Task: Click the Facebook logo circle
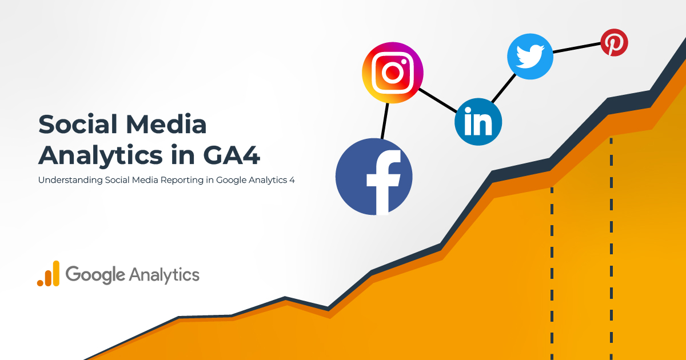pos(374,177)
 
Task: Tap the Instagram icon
pos(392,73)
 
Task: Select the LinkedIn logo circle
pos(478,122)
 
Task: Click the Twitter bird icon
pos(531,56)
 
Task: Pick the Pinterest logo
pos(614,43)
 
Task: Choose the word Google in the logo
pos(95,275)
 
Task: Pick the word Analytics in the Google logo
pos(164,274)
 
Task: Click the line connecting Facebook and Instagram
pos(385,121)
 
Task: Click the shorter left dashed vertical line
pos(552,269)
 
